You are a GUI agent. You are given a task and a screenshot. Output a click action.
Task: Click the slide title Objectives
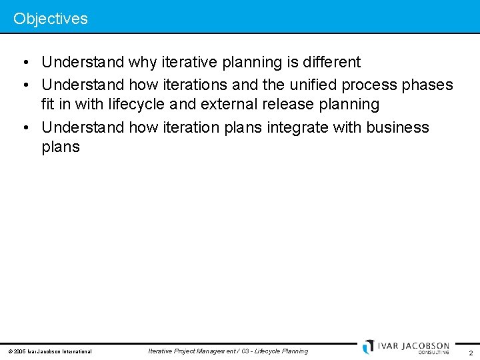click(x=51, y=19)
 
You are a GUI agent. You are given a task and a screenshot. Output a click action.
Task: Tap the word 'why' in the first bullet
click(x=143, y=63)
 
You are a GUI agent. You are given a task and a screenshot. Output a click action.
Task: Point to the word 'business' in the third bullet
click(x=398, y=127)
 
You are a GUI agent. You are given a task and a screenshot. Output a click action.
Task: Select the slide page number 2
click(x=471, y=353)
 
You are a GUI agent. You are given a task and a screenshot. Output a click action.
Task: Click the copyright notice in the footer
click(x=49, y=351)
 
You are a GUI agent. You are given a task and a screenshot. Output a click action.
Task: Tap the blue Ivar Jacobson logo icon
click(x=369, y=347)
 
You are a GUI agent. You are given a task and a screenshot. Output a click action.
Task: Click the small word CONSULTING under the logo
click(x=433, y=353)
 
